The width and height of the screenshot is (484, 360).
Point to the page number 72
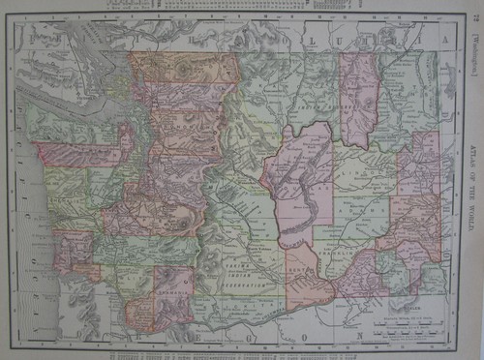(472, 12)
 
